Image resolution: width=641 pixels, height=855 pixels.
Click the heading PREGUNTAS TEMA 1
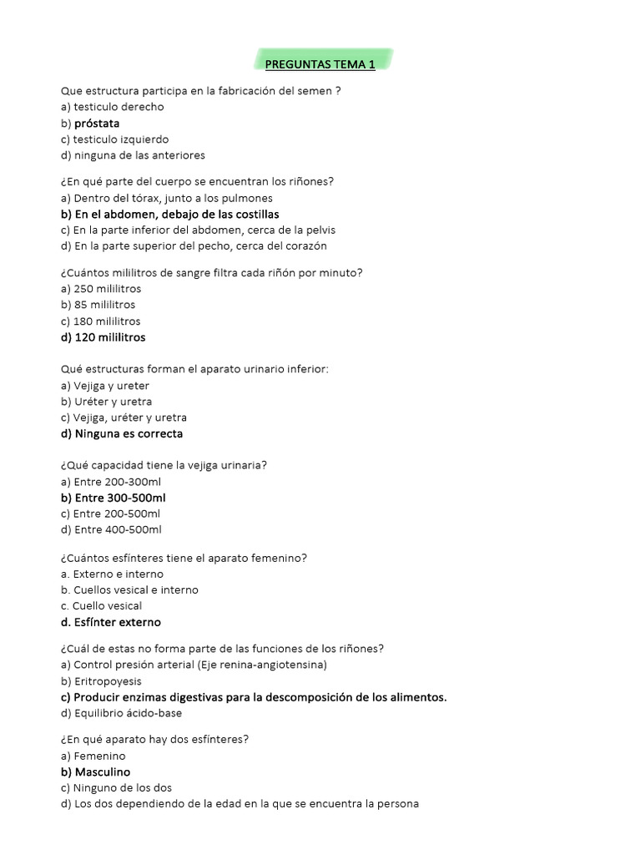[x=320, y=64]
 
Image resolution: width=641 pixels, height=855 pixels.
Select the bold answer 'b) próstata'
[x=90, y=124]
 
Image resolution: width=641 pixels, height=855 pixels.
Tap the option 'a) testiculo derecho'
[x=113, y=107]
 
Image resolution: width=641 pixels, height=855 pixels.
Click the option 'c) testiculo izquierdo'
[x=114, y=139]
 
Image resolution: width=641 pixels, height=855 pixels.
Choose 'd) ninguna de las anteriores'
[x=133, y=155]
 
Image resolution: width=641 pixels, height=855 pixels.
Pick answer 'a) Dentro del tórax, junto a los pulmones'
[x=167, y=198]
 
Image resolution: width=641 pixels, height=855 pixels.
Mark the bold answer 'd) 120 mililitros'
[x=103, y=337]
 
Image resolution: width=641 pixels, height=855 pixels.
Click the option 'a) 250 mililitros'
[x=100, y=289]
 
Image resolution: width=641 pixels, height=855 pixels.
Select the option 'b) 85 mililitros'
[x=98, y=305]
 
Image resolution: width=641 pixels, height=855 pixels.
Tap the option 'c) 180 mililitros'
[x=100, y=321]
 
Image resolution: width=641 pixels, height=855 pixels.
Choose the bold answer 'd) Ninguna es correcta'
[x=122, y=434]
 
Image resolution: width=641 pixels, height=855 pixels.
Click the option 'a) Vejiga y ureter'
[x=105, y=386]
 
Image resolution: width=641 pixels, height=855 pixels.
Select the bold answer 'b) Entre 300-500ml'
[x=114, y=498]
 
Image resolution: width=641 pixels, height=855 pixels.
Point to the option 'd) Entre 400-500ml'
[x=111, y=529]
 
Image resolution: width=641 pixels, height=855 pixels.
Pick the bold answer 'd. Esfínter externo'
[x=111, y=622]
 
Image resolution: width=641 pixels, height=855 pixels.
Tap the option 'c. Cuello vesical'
[x=102, y=606]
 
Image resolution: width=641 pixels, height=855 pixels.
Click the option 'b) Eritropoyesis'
[x=101, y=681]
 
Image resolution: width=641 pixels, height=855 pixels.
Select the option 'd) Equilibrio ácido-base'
[x=121, y=713]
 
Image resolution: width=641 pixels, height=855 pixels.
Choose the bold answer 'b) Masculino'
[x=96, y=772]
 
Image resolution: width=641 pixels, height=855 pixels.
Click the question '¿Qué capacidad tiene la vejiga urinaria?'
[x=164, y=465]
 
